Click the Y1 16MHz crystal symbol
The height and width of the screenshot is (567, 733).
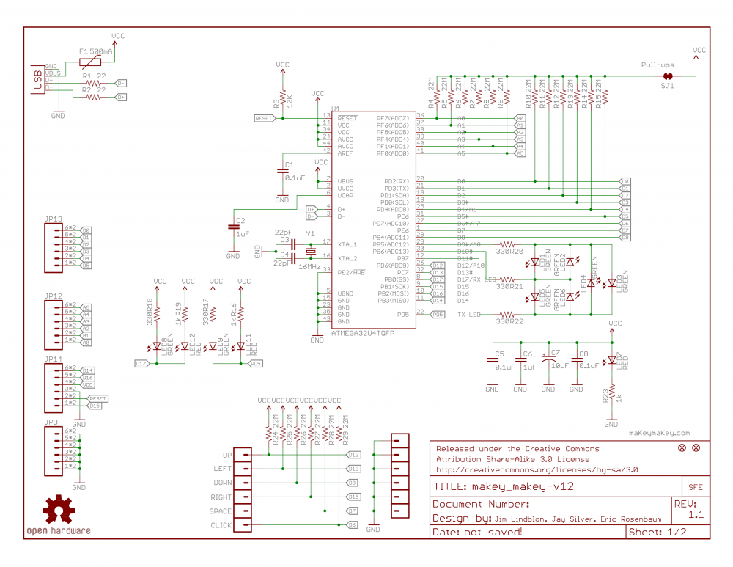click(x=311, y=251)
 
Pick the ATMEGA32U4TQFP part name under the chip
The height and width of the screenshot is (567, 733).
click(x=364, y=332)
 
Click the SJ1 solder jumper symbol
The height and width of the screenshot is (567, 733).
click(x=668, y=76)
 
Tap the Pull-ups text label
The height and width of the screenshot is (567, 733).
click(x=657, y=65)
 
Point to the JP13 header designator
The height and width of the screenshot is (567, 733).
click(x=53, y=219)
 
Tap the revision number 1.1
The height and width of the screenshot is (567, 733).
click(x=696, y=516)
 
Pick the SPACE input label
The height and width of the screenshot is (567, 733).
click(x=220, y=511)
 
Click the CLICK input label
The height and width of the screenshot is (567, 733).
click(x=220, y=525)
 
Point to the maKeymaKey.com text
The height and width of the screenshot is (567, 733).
click(x=659, y=433)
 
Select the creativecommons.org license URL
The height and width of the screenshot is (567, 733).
click(x=537, y=469)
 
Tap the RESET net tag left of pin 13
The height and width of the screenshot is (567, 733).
click(x=265, y=118)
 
